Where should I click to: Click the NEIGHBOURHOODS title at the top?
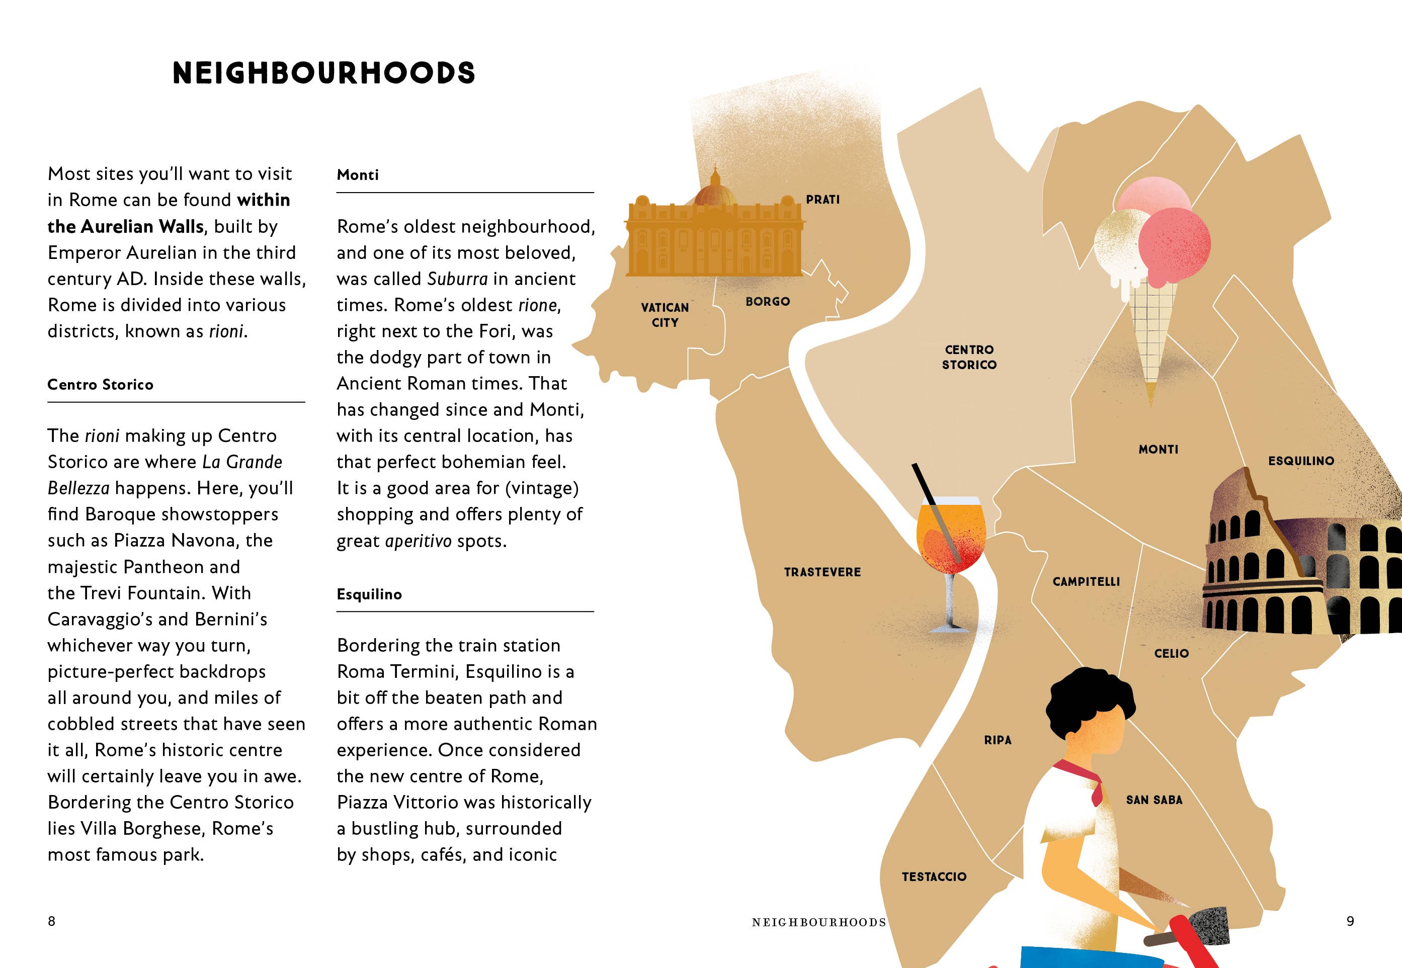(323, 73)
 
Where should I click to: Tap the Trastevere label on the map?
(822, 572)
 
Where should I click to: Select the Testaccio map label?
(934, 876)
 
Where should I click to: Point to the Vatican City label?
(665, 315)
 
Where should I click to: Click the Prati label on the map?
(822, 200)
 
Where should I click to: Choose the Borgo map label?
(768, 301)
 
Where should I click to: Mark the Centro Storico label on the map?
(969, 357)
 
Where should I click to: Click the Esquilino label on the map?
(1301, 461)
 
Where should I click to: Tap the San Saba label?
(1154, 800)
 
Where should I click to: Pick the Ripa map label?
(998, 740)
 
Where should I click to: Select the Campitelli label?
(1086, 582)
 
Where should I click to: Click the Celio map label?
(1171, 653)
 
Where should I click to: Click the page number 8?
(52, 921)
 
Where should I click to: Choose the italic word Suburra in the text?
(457, 279)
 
